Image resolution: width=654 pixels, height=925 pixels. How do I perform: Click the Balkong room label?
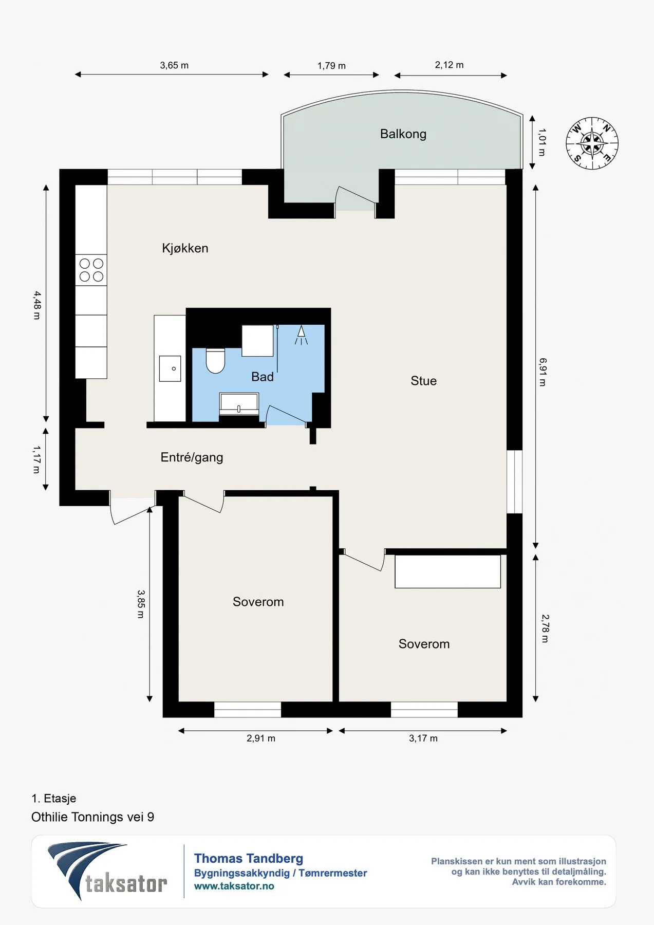[x=403, y=134]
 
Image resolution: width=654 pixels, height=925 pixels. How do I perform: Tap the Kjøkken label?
[x=185, y=248]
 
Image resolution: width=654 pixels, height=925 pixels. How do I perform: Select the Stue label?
[x=424, y=381]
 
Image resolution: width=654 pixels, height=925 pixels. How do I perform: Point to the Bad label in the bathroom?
[x=263, y=377]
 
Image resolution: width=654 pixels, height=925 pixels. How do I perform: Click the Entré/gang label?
[x=192, y=457]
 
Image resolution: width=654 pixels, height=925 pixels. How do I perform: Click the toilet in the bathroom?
[x=216, y=361]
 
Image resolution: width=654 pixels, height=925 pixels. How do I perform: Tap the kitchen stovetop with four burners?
[x=91, y=270]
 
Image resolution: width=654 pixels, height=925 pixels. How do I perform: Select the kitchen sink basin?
[x=170, y=368]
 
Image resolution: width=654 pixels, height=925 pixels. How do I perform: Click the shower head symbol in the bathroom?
[x=301, y=335]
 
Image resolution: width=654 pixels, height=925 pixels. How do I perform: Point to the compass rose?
[x=592, y=143]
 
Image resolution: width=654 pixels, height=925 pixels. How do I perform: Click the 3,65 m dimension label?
[x=174, y=65]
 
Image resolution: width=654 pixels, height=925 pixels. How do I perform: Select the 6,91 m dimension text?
[x=543, y=372]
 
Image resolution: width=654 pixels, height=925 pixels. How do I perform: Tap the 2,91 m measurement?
[x=261, y=738]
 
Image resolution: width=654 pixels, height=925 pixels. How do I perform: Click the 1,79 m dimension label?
[x=331, y=66]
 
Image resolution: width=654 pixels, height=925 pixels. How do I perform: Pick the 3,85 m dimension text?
[x=141, y=604]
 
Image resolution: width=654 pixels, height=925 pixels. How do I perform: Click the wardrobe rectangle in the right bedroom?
[x=447, y=571]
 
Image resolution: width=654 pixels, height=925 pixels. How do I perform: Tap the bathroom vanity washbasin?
[x=239, y=404]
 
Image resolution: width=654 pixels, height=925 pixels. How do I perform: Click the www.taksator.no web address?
[x=234, y=886]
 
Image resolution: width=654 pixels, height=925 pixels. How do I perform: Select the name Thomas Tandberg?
[x=249, y=859]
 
